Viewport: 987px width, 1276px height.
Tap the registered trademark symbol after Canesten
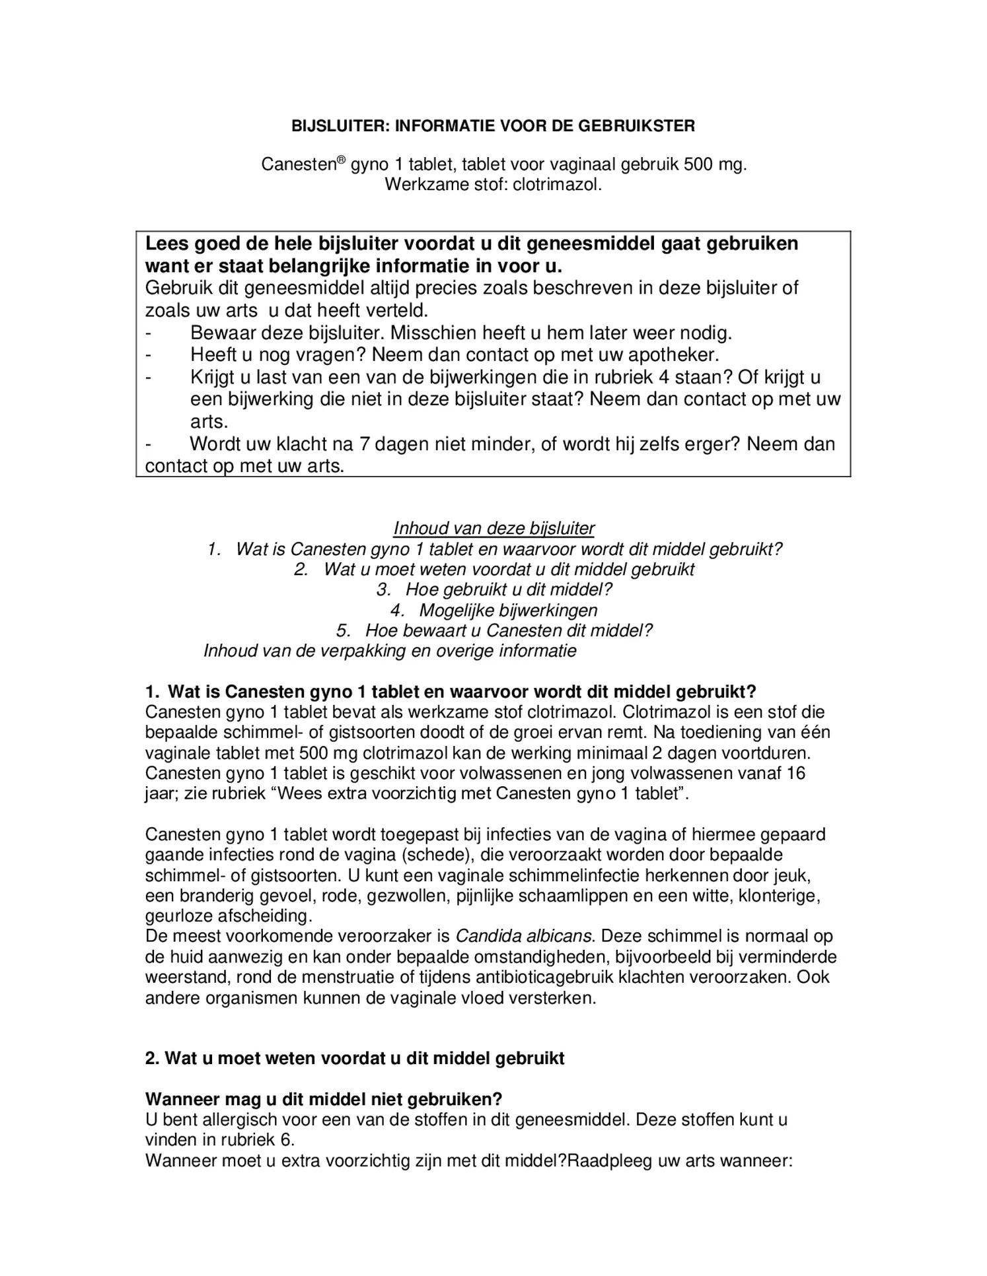click(342, 160)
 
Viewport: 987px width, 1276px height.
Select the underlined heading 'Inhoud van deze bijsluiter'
click(493, 528)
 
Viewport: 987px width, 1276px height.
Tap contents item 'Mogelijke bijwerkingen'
click(508, 610)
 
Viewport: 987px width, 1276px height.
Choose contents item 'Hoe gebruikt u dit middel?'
click(509, 589)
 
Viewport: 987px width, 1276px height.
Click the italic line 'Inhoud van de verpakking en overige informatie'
click(390, 651)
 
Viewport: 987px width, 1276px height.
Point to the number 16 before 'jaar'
click(796, 773)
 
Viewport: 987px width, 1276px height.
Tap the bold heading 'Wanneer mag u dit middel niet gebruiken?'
click(324, 1099)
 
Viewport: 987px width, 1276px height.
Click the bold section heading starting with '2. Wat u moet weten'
click(355, 1058)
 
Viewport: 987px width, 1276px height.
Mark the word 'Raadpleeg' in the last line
click(610, 1160)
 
